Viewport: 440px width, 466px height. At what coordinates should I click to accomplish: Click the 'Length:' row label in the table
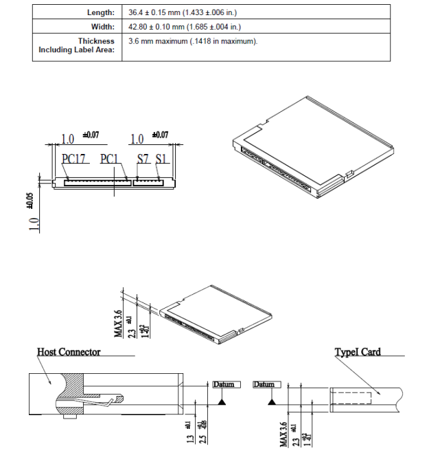click(100, 13)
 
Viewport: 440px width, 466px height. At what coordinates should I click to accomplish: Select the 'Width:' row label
click(102, 27)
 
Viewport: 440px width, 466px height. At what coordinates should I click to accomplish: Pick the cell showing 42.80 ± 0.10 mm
click(185, 27)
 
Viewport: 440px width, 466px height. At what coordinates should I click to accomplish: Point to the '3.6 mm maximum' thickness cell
click(193, 41)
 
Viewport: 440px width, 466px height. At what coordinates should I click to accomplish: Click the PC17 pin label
click(73, 159)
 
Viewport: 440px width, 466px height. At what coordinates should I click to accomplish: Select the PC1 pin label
click(110, 159)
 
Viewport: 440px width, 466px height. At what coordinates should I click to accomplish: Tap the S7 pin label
click(143, 159)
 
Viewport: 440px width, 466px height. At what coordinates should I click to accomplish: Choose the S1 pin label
click(162, 159)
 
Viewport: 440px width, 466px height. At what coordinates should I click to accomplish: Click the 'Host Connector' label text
click(69, 352)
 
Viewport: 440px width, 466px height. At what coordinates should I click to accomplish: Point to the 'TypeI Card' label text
click(358, 352)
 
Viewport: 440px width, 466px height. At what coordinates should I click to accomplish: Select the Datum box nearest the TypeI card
click(264, 384)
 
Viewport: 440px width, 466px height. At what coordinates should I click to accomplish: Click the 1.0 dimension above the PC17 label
click(68, 139)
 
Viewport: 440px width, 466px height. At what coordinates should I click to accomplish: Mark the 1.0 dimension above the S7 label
click(137, 139)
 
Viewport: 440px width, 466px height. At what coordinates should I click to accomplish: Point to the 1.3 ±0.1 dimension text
click(189, 434)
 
